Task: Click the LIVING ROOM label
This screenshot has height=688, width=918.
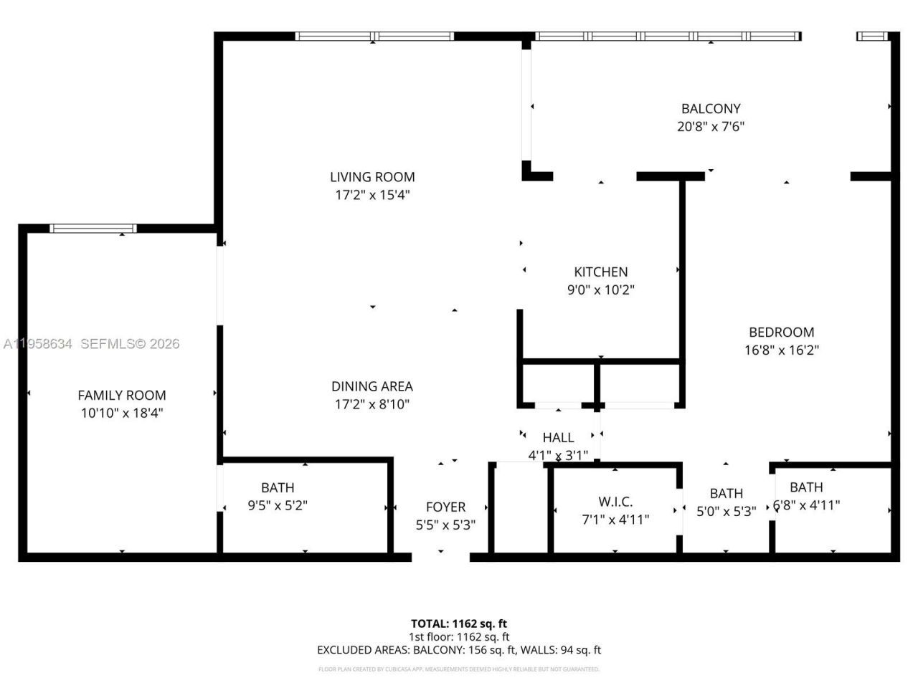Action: coord(372,177)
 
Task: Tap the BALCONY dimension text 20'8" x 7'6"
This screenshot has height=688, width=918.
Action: coord(711,127)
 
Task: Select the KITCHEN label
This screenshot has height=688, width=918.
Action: coord(600,272)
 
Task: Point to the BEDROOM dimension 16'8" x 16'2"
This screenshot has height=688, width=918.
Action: coord(781,350)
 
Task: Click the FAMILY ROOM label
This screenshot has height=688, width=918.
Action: coord(122,395)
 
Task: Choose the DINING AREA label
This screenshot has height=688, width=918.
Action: coord(372,386)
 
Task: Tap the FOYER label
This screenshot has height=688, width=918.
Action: coord(445,507)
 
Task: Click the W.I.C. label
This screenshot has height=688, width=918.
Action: coord(615,502)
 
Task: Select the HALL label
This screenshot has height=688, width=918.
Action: coord(558,437)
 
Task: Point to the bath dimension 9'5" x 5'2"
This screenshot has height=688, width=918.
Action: coord(278,505)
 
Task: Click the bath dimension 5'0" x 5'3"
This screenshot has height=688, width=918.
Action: coord(726,512)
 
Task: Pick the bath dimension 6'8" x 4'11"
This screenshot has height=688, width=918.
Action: coord(806,505)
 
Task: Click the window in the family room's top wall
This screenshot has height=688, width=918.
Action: coord(93,229)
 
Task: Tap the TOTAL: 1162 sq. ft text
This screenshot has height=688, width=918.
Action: coord(458,623)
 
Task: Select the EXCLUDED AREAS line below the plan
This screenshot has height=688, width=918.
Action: coord(458,650)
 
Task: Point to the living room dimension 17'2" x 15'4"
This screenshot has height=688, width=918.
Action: coord(372,195)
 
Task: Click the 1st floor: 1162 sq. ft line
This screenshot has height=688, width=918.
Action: coord(458,636)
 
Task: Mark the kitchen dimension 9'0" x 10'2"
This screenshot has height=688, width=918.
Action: coord(600,290)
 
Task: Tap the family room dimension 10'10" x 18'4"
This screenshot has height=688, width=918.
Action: coord(122,413)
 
